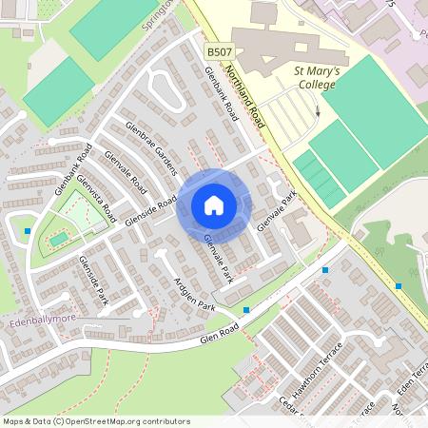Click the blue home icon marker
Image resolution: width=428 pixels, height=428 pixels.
tap(214, 204)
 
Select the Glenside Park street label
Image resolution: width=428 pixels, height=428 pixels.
tap(94, 282)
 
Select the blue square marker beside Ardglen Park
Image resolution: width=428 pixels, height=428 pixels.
tap(246, 310)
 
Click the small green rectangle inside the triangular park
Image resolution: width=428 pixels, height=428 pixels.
tap(59, 238)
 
